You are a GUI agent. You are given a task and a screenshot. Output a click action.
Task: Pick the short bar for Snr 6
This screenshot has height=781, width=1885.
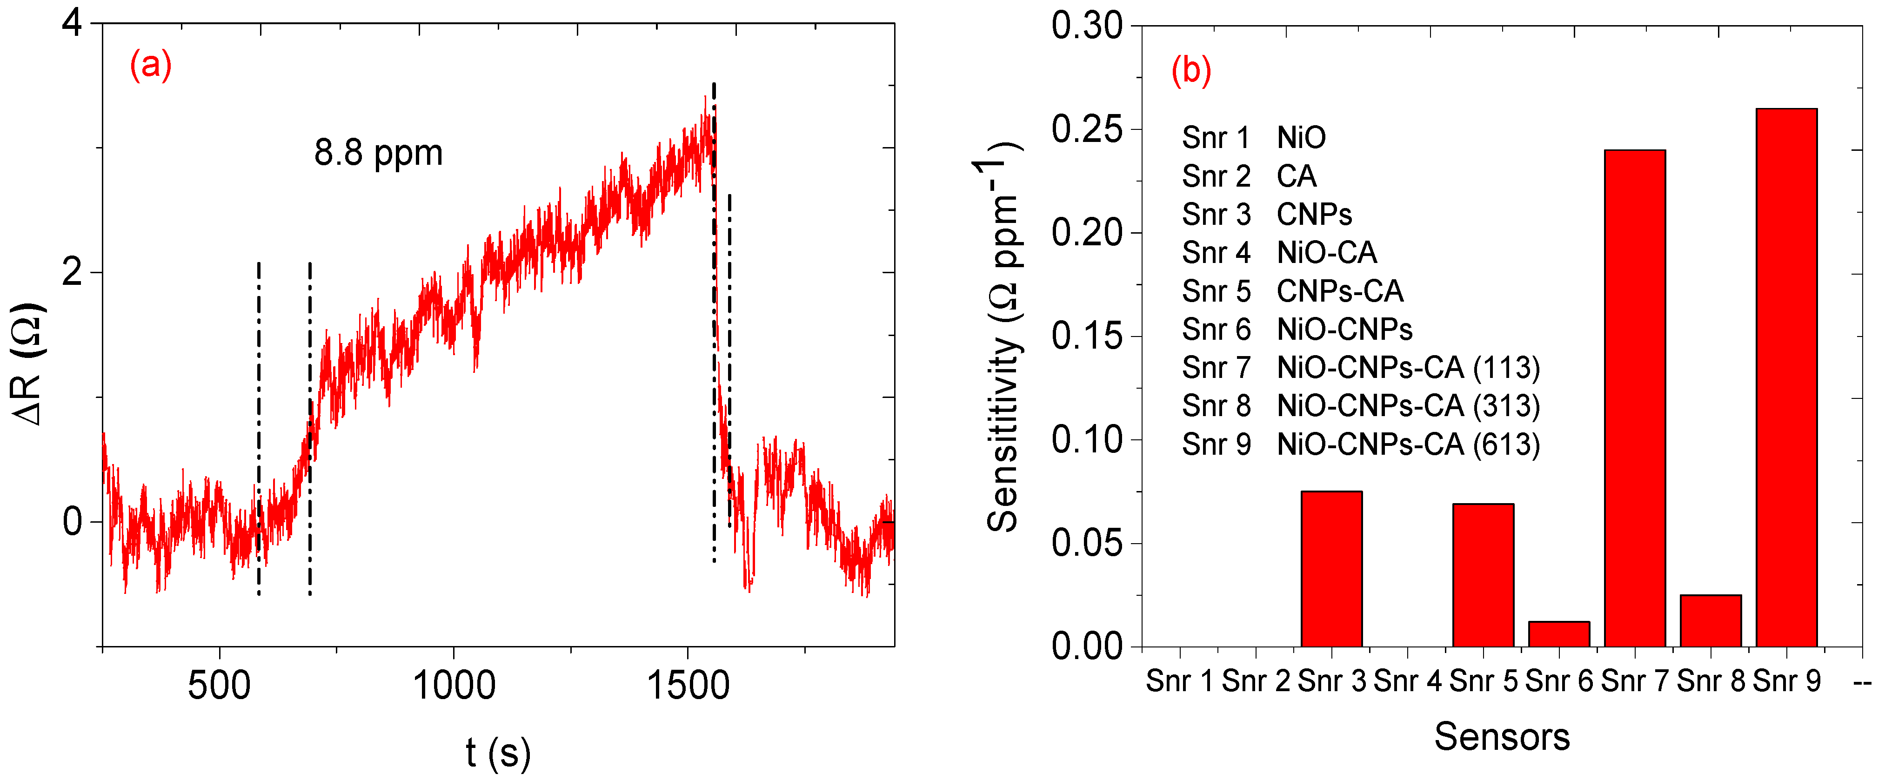[x=1558, y=634]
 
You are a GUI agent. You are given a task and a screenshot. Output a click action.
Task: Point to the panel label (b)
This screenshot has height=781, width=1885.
[x=1190, y=71]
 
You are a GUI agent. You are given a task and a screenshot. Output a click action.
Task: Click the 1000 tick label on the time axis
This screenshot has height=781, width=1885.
[x=454, y=686]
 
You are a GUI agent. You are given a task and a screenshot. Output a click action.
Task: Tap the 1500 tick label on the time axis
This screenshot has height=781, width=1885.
[x=688, y=686]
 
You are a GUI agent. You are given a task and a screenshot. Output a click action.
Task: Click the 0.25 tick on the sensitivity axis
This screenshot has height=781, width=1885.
[x=1087, y=129]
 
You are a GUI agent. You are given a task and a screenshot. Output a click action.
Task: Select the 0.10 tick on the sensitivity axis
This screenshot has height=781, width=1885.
[x=1087, y=440]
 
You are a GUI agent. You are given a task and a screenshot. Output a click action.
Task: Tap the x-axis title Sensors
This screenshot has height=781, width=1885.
[x=1502, y=736]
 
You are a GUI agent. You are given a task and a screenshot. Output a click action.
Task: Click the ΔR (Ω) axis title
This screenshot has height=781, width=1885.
[x=29, y=364]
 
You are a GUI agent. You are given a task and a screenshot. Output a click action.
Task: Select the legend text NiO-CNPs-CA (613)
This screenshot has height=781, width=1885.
[x=1408, y=444]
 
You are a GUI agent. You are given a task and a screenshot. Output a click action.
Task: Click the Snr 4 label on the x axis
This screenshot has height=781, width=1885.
[x=1407, y=681]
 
